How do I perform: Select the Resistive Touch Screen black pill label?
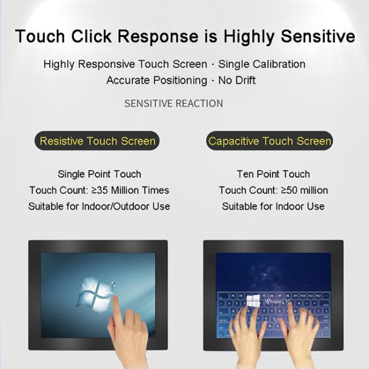click(98, 141)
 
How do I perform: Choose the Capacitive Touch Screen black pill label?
click(270, 141)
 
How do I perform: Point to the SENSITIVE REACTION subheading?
click(173, 103)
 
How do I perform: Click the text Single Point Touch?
click(99, 174)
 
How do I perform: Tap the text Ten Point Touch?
click(273, 174)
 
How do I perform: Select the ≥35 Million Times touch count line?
click(99, 190)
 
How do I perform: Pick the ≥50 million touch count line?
click(273, 190)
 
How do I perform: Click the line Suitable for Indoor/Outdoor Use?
click(99, 206)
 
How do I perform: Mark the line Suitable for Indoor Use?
click(273, 206)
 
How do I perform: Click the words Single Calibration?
click(262, 64)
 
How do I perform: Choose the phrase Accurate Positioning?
click(157, 80)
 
